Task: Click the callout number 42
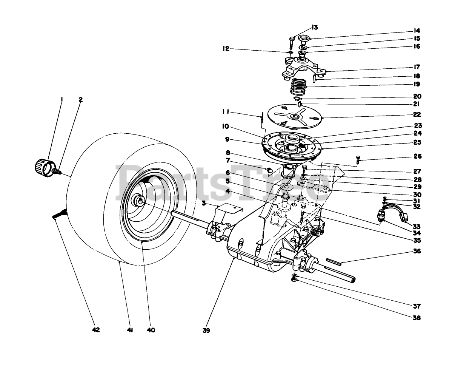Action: pyautogui.click(x=96, y=330)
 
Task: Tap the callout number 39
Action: pyautogui.click(x=206, y=330)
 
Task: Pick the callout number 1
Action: pyautogui.click(x=62, y=100)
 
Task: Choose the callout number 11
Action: pyautogui.click(x=226, y=112)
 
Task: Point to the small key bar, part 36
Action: pyautogui.click(x=334, y=261)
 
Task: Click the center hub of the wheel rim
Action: pyautogui.click(x=140, y=201)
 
